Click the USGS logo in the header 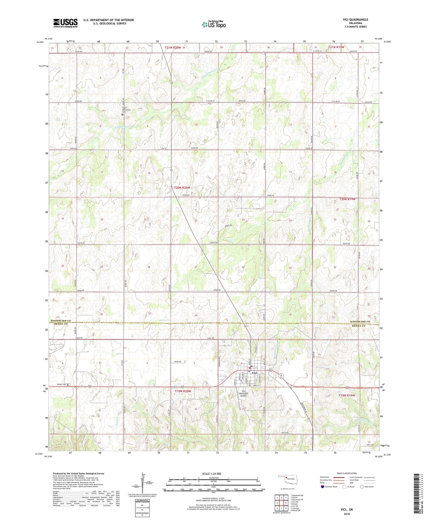point(65,23)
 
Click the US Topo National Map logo point(214,24)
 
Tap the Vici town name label point(255,373)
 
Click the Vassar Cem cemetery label point(61,384)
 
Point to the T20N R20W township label point(182,188)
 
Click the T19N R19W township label point(347,395)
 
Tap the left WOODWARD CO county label point(61,321)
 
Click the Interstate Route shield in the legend point(323,486)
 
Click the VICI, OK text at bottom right point(347,509)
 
